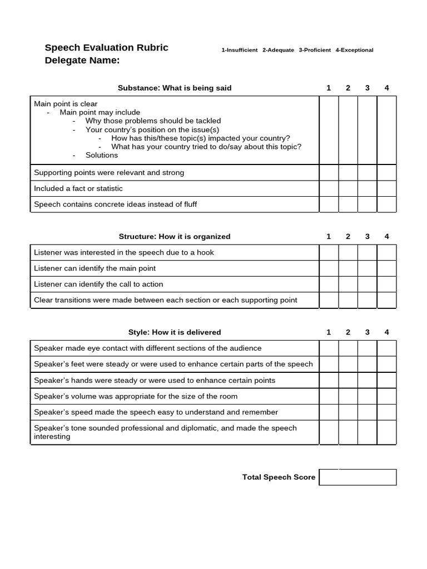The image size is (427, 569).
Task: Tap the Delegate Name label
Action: (x=82, y=61)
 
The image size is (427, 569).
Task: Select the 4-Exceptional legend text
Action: (x=354, y=50)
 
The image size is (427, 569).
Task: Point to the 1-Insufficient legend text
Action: (x=239, y=50)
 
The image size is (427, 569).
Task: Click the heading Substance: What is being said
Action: (x=175, y=88)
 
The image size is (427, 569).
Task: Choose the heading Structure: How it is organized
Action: (x=175, y=236)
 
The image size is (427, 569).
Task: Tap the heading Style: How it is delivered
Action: (x=175, y=332)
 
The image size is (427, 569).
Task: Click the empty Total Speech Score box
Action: (x=358, y=477)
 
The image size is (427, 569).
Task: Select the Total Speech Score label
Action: (x=279, y=477)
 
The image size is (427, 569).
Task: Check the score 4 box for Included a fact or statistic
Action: (x=386, y=188)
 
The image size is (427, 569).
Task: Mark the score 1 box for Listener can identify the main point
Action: (x=329, y=268)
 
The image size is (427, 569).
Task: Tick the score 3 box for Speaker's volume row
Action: (x=367, y=396)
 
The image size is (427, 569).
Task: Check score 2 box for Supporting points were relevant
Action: (x=348, y=173)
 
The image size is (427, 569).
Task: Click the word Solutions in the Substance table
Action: (x=102, y=155)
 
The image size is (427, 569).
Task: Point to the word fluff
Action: (x=187, y=204)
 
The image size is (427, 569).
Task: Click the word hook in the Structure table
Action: (x=205, y=252)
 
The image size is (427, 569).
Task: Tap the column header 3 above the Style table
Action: (x=367, y=332)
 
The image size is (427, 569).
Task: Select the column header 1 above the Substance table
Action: (x=329, y=88)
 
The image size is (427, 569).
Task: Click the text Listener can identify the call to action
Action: (x=98, y=284)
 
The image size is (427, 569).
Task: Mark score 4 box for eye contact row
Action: (x=386, y=348)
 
